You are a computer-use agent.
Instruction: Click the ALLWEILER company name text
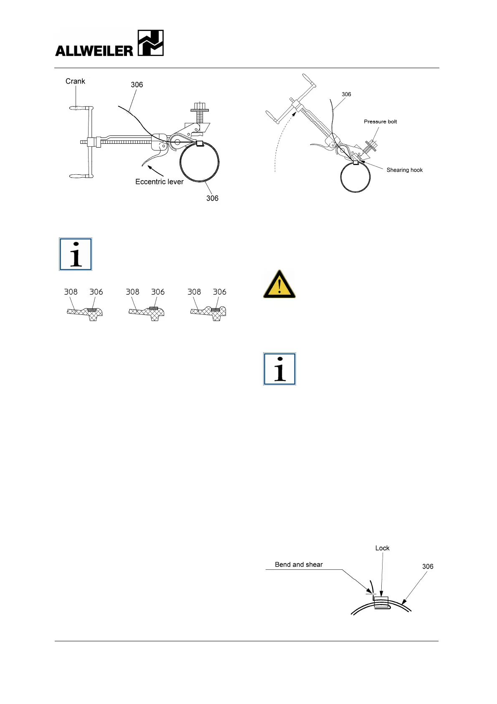tap(94, 51)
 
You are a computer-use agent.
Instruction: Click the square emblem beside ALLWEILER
tap(150, 43)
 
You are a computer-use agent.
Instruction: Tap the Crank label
tap(75, 81)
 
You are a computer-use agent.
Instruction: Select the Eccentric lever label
tap(160, 182)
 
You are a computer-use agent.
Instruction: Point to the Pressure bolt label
tap(380, 122)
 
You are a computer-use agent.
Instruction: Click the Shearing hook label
tap(404, 170)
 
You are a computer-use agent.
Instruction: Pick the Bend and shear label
tap(299, 565)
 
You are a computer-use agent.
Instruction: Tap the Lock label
tap(382, 548)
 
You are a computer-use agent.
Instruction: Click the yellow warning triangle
tap(279, 285)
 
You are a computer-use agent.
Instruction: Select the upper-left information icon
tap(76, 255)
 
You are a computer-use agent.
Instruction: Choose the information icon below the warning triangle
tap(279, 369)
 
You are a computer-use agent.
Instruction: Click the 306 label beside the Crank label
tap(137, 85)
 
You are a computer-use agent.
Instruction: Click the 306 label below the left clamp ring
tap(212, 198)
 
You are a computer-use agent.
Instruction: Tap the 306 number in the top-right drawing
tap(346, 94)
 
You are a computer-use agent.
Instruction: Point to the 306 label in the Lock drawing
tap(428, 566)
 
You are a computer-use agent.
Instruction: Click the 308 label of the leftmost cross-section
tap(71, 292)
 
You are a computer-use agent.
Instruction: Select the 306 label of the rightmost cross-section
tap(219, 292)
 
